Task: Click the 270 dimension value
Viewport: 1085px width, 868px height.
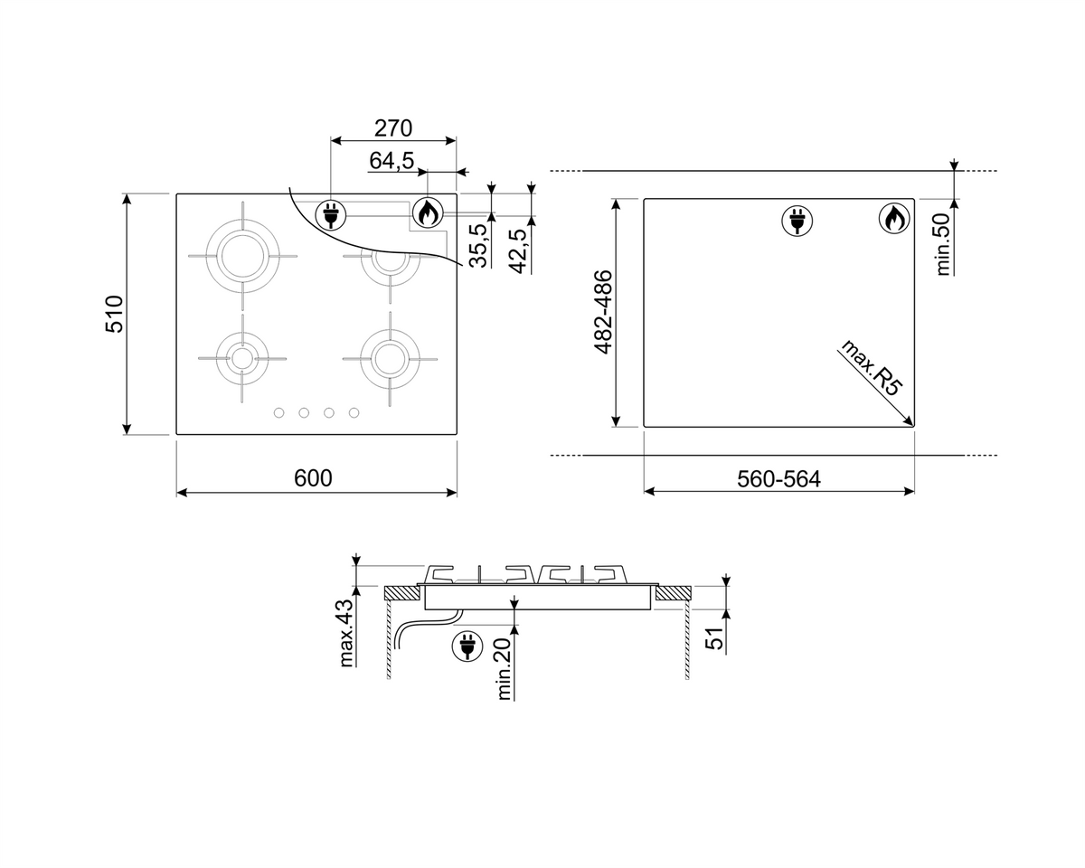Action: click(393, 128)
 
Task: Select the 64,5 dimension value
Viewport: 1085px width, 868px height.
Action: click(392, 161)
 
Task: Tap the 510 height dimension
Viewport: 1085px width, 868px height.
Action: click(115, 314)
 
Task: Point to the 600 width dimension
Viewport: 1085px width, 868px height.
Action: click(313, 478)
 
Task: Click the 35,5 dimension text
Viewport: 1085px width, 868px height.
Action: click(478, 246)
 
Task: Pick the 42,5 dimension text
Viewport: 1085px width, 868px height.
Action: click(518, 251)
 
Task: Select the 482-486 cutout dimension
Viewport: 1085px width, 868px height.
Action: click(603, 312)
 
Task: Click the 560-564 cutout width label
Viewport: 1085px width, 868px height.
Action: click(779, 479)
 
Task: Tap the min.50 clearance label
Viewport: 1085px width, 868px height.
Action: click(942, 244)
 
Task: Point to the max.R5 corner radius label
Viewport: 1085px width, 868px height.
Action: click(871, 368)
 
